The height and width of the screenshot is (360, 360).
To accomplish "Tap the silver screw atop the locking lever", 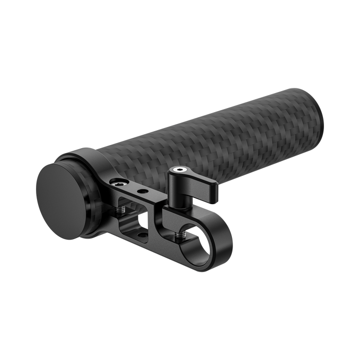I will coord(179,170).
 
